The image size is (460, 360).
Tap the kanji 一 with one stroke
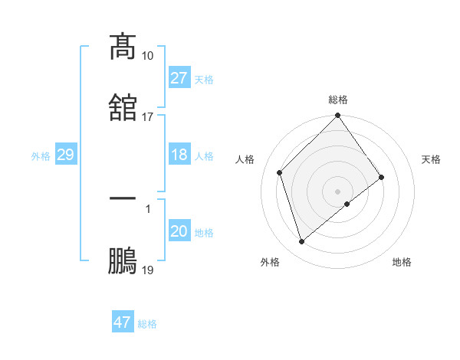click(x=123, y=198)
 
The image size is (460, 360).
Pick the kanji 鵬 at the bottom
click(x=123, y=260)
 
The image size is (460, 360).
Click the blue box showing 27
click(x=179, y=78)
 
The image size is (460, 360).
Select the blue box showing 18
click(x=179, y=155)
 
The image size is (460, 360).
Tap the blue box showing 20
click(x=179, y=231)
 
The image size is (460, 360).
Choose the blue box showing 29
click(x=65, y=155)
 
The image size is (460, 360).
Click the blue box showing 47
click(x=123, y=322)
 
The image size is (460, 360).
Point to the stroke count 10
click(x=148, y=55)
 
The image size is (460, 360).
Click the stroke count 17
click(x=148, y=116)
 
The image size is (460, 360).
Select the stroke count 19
click(x=148, y=270)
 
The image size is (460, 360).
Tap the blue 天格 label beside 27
click(x=204, y=79)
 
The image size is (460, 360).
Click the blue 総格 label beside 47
click(x=147, y=323)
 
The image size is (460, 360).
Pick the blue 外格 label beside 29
click(x=41, y=155)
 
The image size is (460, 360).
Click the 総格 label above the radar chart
click(x=338, y=100)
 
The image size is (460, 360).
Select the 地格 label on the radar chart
click(x=402, y=263)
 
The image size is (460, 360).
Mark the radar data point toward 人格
click(x=280, y=172)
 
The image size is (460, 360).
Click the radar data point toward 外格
click(x=301, y=242)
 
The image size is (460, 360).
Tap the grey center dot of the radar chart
click(x=338, y=191)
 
